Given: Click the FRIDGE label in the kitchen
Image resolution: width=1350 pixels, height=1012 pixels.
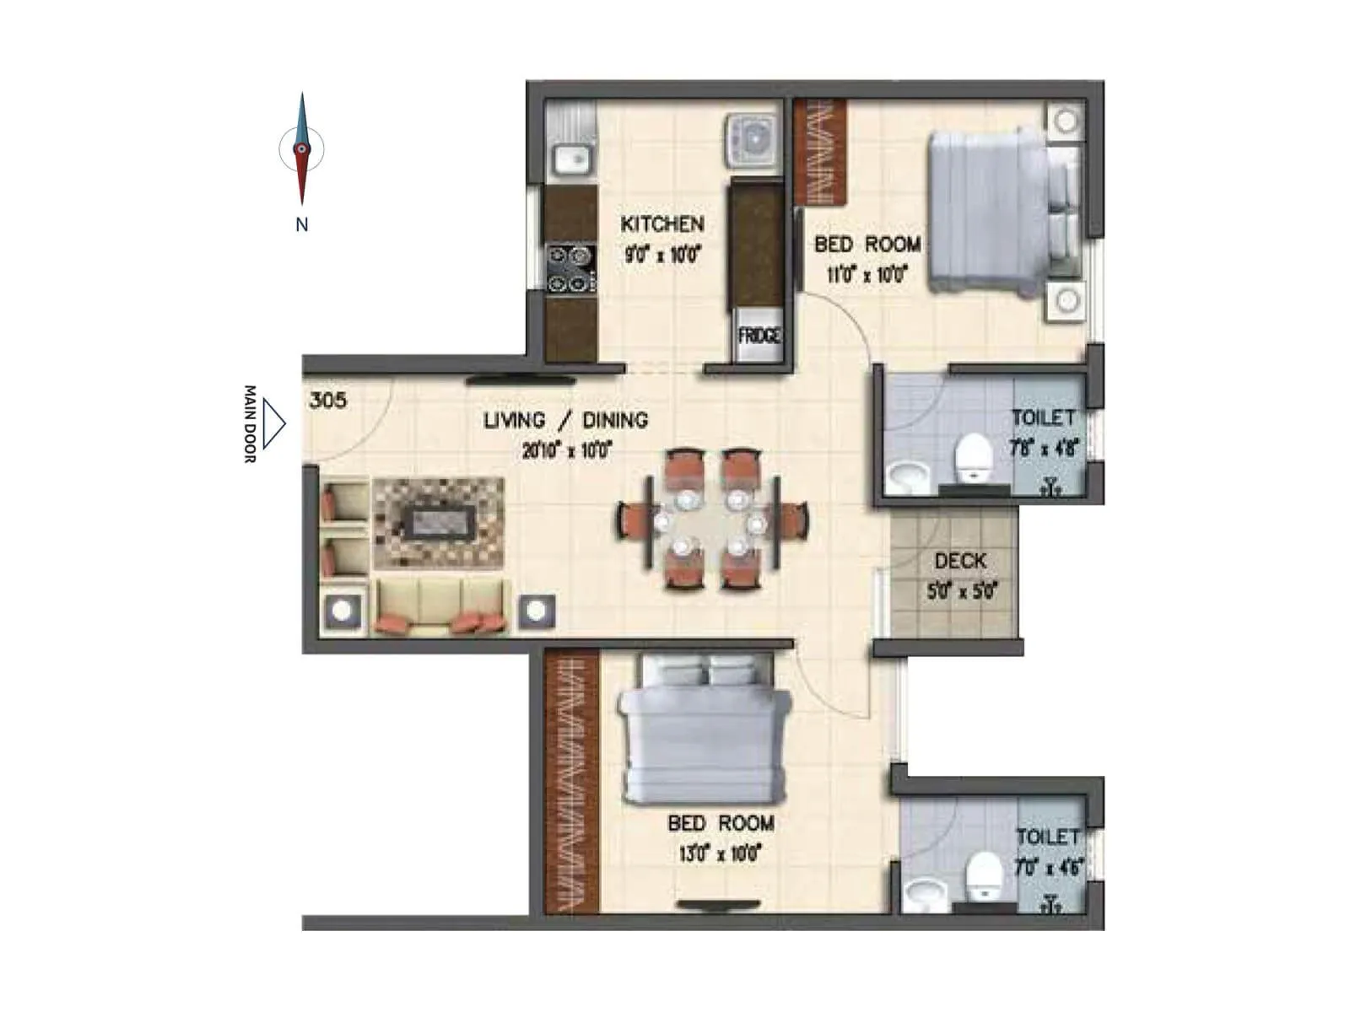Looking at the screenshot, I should coord(759,336).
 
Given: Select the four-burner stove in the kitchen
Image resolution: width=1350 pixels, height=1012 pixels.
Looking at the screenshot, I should coord(570,268).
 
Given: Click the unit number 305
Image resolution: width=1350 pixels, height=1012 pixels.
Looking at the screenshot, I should coord(327,400).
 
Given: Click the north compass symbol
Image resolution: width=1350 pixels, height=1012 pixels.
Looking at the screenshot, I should coord(301,150).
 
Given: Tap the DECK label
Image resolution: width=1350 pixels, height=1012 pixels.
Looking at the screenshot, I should coord(960,561).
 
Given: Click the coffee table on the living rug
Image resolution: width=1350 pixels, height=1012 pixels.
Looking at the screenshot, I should coord(439,523).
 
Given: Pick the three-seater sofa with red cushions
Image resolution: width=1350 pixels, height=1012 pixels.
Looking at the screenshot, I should coord(441,607).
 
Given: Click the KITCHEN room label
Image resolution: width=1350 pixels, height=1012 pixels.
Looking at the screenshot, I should coord(662,224).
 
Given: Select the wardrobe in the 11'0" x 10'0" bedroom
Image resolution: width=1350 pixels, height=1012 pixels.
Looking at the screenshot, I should coord(819,152).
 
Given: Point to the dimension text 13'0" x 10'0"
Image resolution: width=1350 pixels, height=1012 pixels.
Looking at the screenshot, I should coord(721,853).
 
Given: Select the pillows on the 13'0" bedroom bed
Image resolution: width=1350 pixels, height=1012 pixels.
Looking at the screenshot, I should coord(706,671).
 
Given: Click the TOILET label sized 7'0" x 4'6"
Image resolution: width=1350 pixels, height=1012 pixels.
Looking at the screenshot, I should coord(1047,837).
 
